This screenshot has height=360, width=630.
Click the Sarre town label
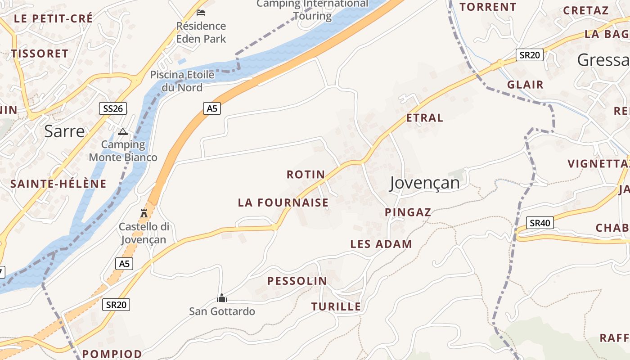pyautogui.click(x=64, y=131)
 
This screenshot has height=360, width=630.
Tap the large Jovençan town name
pyautogui.click(x=424, y=183)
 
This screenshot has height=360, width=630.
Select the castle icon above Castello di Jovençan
pyautogui.click(x=144, y=213)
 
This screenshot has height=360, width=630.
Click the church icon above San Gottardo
pyautogui.click(x=221, y=298)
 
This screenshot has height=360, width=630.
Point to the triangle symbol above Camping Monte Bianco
pyautogui.click(x=122, y=132)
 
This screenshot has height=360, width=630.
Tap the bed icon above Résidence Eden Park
pyautogui.click(x=201, y=12)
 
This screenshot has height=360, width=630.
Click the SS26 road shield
pyautogui.click(x=112, y=108)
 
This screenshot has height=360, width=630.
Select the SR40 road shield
pyautogui.click(x=540, y=223)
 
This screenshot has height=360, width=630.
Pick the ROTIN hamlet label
pyautogui.click(x=306, y=175)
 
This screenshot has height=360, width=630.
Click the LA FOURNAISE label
pyautogui.click(x=283, y=203)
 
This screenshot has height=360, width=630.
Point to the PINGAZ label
pyautogui.click(x=408, y=212)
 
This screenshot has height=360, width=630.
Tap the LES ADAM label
pyautogui.click(x=381, y=244)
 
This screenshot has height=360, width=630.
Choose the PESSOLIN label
pyautogui.click(x=297, y=281)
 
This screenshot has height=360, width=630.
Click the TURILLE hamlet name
pyautogui.click(x=336, y=307)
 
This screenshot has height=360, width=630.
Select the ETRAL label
pyautogui.click(x=424, y=118)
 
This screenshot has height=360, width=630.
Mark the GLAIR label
pyautogui.click(x=525, y=85)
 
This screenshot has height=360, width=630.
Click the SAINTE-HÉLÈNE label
pyautogui.click(x=58, y=184)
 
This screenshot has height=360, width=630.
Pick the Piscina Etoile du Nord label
pyautogui.click(x=182, y=81)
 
